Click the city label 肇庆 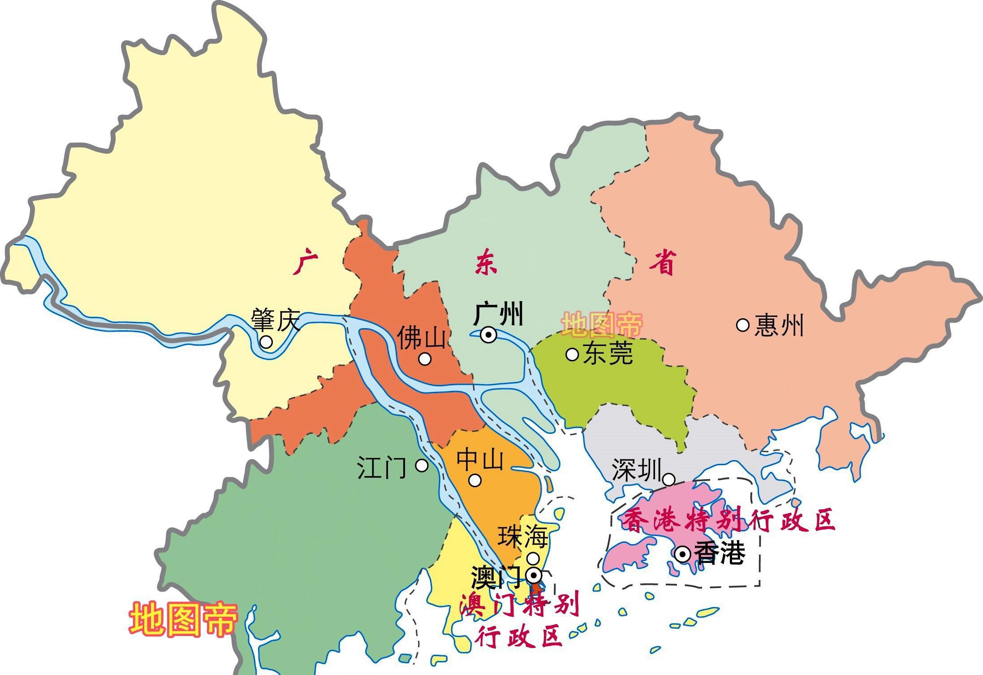tap(275, 320)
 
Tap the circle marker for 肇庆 tap(266, 342)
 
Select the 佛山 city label tap(422, 337)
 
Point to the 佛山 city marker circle tap(425, 359)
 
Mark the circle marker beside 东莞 tap(572, 354)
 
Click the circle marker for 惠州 tap(743, 325)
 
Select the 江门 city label tap(382, 467)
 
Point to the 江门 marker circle tap(422, 465)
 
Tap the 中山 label tap(480, 459)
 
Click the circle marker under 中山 tap(475, 480)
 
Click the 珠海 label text tap(523, 537)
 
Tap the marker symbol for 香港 tap(683, 555)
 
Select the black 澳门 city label tap(496, 577)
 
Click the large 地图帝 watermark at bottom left tap(183, 619)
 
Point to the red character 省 tap(662, 263)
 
